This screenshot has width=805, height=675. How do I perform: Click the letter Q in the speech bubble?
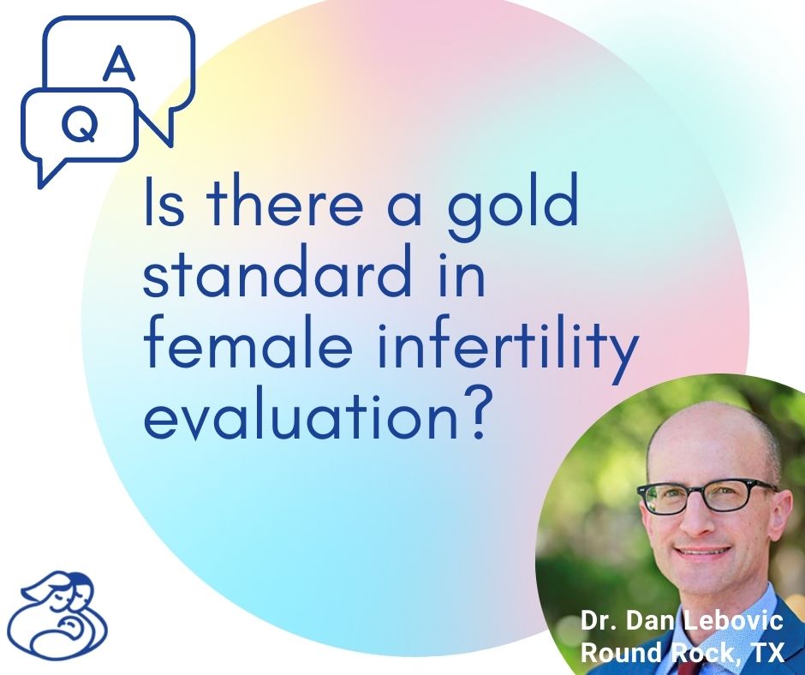(x=78, y=127)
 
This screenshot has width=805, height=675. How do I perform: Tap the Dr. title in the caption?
(x=599, y=621)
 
